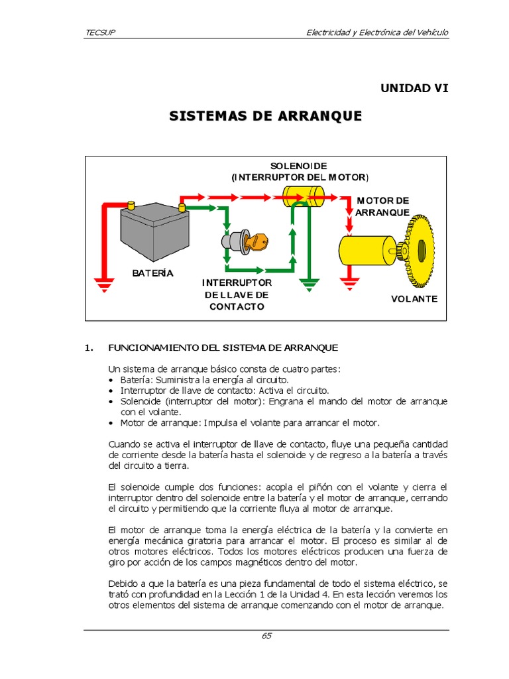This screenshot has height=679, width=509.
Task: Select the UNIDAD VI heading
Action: (x=414, y=88)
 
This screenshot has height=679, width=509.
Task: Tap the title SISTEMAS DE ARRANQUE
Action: (x=266, y=116)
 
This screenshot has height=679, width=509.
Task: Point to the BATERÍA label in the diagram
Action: (x=152, y=273)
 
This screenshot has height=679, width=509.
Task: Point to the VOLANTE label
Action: (x=414, y=298)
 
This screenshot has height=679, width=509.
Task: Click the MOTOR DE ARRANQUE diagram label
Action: (x=382, y=206)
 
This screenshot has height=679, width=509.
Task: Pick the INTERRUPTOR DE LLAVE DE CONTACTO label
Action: (x=237, y=294)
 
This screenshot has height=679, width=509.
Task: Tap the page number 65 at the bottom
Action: (x=266, y=635)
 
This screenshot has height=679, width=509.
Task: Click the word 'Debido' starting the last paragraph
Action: (x=123, y=583)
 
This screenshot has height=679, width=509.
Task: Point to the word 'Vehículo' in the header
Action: (x=429, y=32)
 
